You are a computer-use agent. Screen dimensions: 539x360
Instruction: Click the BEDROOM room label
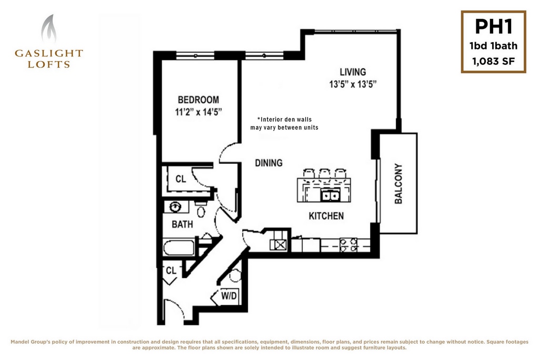(198, 99)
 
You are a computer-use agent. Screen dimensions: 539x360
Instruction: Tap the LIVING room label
(353, 72)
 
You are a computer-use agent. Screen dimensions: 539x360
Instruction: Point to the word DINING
(268, 163)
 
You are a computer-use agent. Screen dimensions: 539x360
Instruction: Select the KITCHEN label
(326, 216)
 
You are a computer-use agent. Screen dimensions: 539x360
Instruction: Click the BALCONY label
(398, 184)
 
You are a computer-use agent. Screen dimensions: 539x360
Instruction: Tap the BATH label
(182, 224)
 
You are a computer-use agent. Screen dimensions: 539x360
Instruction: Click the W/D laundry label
(229, 295)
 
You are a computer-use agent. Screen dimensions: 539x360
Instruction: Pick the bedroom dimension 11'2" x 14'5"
(198, 112)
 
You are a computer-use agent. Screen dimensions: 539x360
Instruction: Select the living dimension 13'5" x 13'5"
(353, 84)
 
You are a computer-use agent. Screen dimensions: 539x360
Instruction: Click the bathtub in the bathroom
(179, 247)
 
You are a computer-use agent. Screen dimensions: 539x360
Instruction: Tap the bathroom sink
(176, 207)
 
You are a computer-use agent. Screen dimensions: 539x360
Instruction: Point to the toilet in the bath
(201, 209)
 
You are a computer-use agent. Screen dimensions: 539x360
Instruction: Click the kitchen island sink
(331, 195)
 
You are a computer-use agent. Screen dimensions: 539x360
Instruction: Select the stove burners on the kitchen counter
(348, 245)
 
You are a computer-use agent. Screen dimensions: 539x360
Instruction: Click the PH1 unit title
(494, 26)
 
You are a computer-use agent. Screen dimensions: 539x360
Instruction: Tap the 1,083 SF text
(494, 62)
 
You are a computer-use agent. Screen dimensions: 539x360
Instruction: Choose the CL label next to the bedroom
(181, 179)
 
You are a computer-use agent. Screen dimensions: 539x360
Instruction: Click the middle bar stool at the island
(324, 173)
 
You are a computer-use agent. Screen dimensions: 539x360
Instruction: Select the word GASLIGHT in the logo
(49, 53)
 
